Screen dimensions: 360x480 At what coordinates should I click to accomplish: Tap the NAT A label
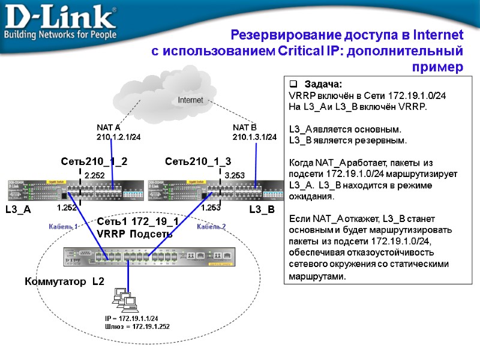click(109, 128)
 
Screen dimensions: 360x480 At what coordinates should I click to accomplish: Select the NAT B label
click(244, 128)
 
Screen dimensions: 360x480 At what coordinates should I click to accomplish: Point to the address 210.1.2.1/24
click(119, 137)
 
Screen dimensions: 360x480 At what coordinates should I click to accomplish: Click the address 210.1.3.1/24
click(254, 137)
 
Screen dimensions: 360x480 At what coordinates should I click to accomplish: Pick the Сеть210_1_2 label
click(94, 161)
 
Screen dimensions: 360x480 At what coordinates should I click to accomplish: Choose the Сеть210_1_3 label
click(197, 161)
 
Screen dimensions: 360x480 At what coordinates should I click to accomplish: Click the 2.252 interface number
click(94, 175)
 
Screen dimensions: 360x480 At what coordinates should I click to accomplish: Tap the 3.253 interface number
click(235, 175)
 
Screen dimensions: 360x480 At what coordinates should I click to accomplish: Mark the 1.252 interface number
click(67, 208)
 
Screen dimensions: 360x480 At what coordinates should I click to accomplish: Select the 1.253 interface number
click(211, 208)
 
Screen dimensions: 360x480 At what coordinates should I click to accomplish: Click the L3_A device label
click(17, 210)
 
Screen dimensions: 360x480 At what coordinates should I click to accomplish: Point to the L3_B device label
click(262, 210)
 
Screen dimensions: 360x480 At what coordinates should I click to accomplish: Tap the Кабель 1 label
click(63, 227)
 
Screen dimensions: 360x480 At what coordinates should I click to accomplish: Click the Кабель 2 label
click(211, 227)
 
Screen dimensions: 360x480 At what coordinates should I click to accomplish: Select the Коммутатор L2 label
click(65, 281)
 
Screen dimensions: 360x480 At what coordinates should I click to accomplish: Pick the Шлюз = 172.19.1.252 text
click(137, 326)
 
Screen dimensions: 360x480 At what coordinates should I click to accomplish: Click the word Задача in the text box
click(323, 84)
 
